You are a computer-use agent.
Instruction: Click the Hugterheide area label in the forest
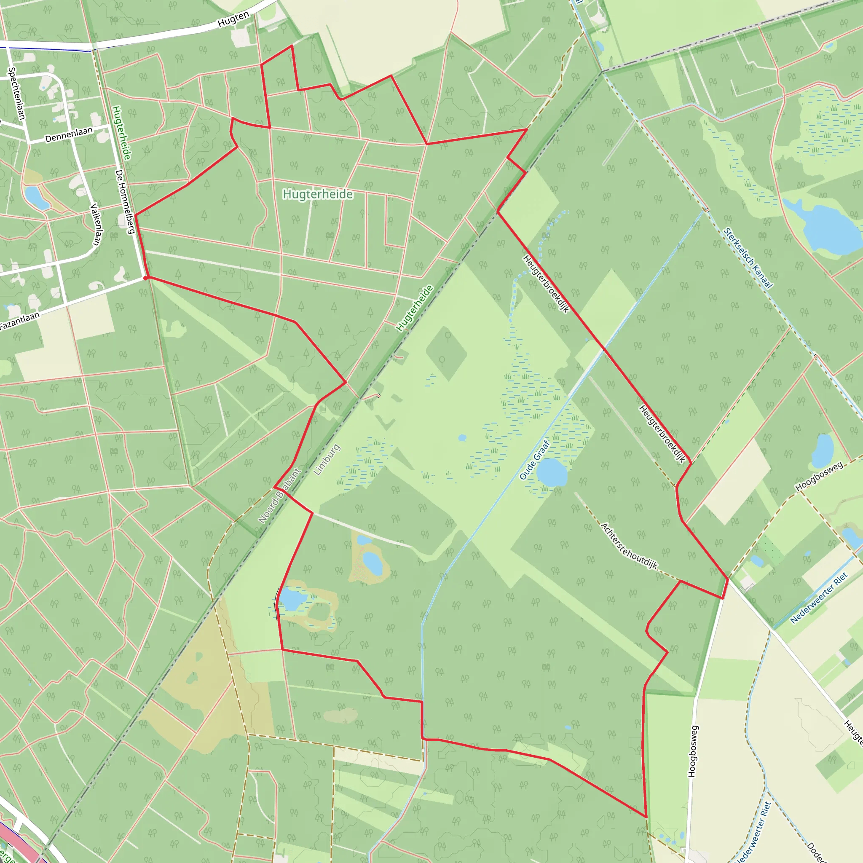(x=318, y=194)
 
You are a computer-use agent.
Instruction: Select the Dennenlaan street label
(x=69, y=134)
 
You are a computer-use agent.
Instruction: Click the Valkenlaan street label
(x=95, y=224)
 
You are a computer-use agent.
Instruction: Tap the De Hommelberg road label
(x=125, y=201)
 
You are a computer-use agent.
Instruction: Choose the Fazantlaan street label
(x=20, y=321)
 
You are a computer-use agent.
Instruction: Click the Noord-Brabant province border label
(x=280, y=496)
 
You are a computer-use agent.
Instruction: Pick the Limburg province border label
(x=327, y=460)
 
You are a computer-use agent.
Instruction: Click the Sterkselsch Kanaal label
(x=748, y=258)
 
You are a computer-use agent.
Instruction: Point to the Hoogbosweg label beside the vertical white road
(x=692, y=751)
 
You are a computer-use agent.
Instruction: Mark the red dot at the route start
(x=146, y=278)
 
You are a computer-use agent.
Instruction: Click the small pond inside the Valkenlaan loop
(x=37, y=198)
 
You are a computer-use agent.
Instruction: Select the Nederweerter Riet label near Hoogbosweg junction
(x=819, y=598)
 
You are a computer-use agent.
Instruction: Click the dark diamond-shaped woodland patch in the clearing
(x=446, y=353)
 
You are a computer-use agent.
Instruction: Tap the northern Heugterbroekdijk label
(x=546, y=284)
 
